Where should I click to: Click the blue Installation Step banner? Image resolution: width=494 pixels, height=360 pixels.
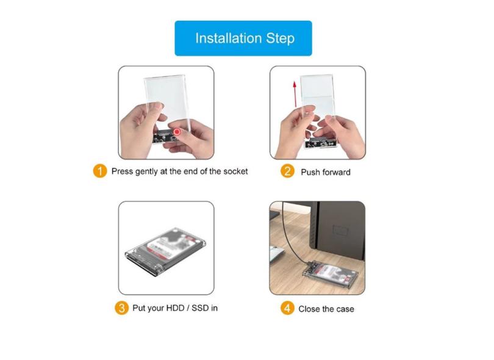(x=243, y=38)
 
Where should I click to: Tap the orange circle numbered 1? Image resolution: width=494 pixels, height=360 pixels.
(x=100, y=171)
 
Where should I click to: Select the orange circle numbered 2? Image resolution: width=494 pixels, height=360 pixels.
(x=287, y=171)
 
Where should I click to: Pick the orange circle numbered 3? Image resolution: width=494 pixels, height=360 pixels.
(x=121, y=308)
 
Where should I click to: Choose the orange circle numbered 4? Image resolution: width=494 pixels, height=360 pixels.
(x=287, y=308)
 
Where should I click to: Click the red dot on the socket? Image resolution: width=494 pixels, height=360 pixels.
(x=177, y=131)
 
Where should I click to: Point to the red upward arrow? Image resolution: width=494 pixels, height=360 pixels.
(x=295, y=94)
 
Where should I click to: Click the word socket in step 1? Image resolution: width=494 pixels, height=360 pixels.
(x=235, y=171)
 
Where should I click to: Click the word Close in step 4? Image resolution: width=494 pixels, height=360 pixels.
(x=308, y=309)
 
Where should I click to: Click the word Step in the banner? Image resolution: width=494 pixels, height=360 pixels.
(x=281, y=38)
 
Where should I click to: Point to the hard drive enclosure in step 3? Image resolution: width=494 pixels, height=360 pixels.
(x=165, y=251)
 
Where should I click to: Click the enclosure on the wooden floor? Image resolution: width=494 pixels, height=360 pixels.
(x=330, y=275)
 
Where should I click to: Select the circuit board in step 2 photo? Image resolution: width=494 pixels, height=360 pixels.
(x=320, y=143)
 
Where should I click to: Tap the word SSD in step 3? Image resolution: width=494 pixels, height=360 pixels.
(x=200, y=308)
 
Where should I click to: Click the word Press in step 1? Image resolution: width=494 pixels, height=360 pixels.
(x=122, y=171)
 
